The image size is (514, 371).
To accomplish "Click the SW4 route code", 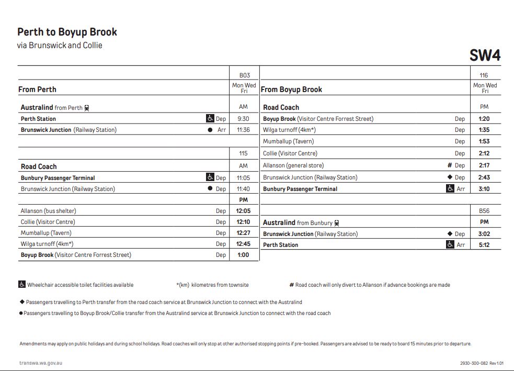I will coord(485,55).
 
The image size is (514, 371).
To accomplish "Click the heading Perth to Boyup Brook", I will coord(67,32).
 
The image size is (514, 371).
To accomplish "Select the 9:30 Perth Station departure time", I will coord(243,119).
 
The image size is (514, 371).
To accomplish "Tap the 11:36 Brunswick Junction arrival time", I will coord(243,130).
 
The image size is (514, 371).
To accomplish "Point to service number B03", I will coord(244,75).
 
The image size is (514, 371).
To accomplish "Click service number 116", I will coord(484,75).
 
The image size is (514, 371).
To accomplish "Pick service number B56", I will coord(484,211).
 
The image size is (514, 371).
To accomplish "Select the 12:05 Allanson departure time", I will coord(243,211).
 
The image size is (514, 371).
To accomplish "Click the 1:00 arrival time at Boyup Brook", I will coord(243,255).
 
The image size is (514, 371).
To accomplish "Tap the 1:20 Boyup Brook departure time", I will coord(484,119).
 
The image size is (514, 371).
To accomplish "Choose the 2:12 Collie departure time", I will coord(484,153).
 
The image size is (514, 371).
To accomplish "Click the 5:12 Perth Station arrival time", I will coord(484,245).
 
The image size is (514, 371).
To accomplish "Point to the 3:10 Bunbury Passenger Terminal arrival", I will coord(484,189).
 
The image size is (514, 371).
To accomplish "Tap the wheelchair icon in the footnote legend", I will coord(22,285).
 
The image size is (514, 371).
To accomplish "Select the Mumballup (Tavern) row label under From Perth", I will coord(46,233).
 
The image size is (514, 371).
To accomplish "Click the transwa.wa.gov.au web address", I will coord(41,363).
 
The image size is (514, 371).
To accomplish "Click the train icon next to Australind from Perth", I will coord(87,108).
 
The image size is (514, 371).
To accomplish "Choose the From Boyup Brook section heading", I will coord(291,89).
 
